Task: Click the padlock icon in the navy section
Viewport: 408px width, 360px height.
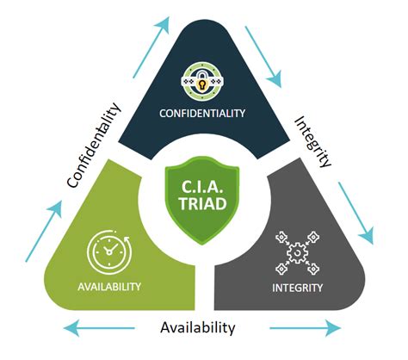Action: (204, 83)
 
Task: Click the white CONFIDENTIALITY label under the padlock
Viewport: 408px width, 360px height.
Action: (204, 114)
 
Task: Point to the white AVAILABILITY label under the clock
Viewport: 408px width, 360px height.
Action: (110, 287)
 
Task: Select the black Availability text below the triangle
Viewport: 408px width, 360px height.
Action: (198, 327)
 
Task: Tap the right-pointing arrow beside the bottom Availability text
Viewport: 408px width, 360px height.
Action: (301, 328)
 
